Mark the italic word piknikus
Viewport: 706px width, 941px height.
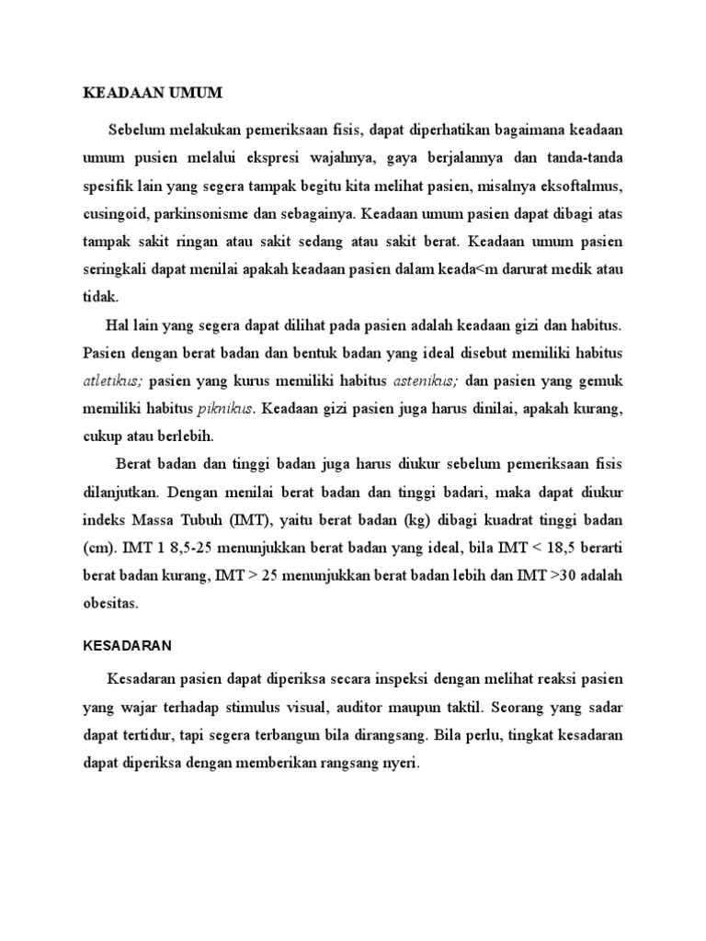coord(223,407)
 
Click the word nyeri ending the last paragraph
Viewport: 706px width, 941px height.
coord(399,763)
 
